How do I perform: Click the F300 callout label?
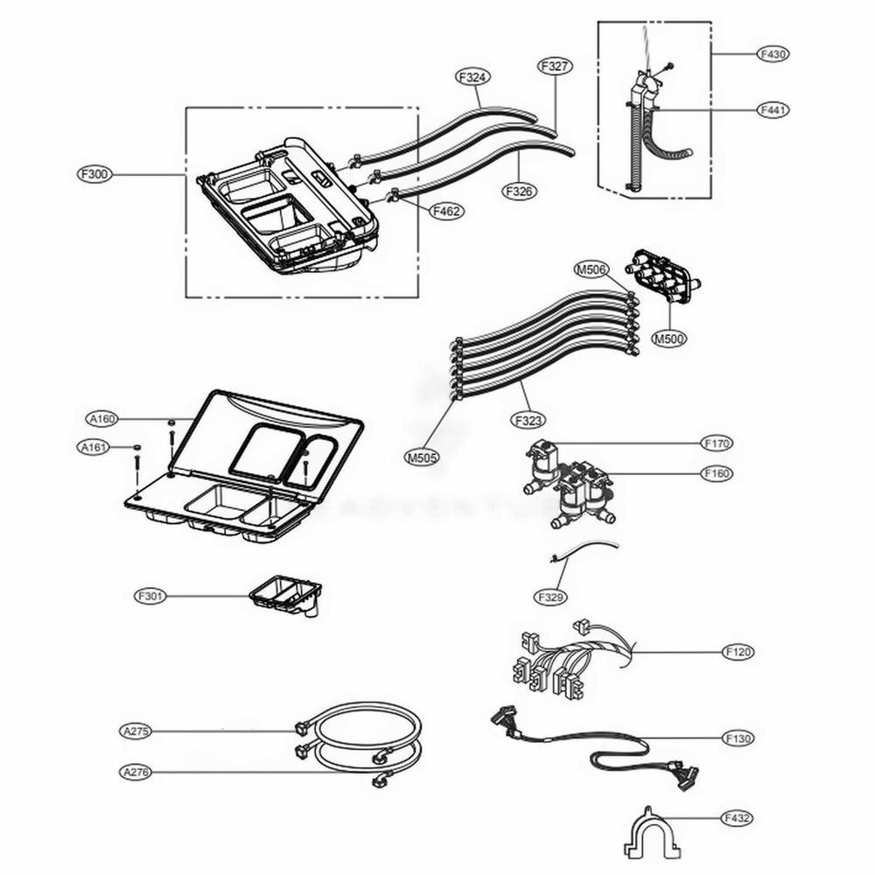pyautogui.click(x=94, y=174)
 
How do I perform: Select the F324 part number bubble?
pyautogui.click(x=472, y=77)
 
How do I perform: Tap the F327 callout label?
pyautogui.click(x=555, y=66)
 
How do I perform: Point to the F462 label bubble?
pyautogui.click(x=446, y=210)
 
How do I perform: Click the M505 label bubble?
pyautogui.click(x=422, y=456)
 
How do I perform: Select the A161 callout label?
pyautogui.click(x=94, y=448)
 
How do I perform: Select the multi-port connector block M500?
pyautogui.click(x=661, y=276)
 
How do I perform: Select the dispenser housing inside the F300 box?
pyautogui.click(x=289, y=210)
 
